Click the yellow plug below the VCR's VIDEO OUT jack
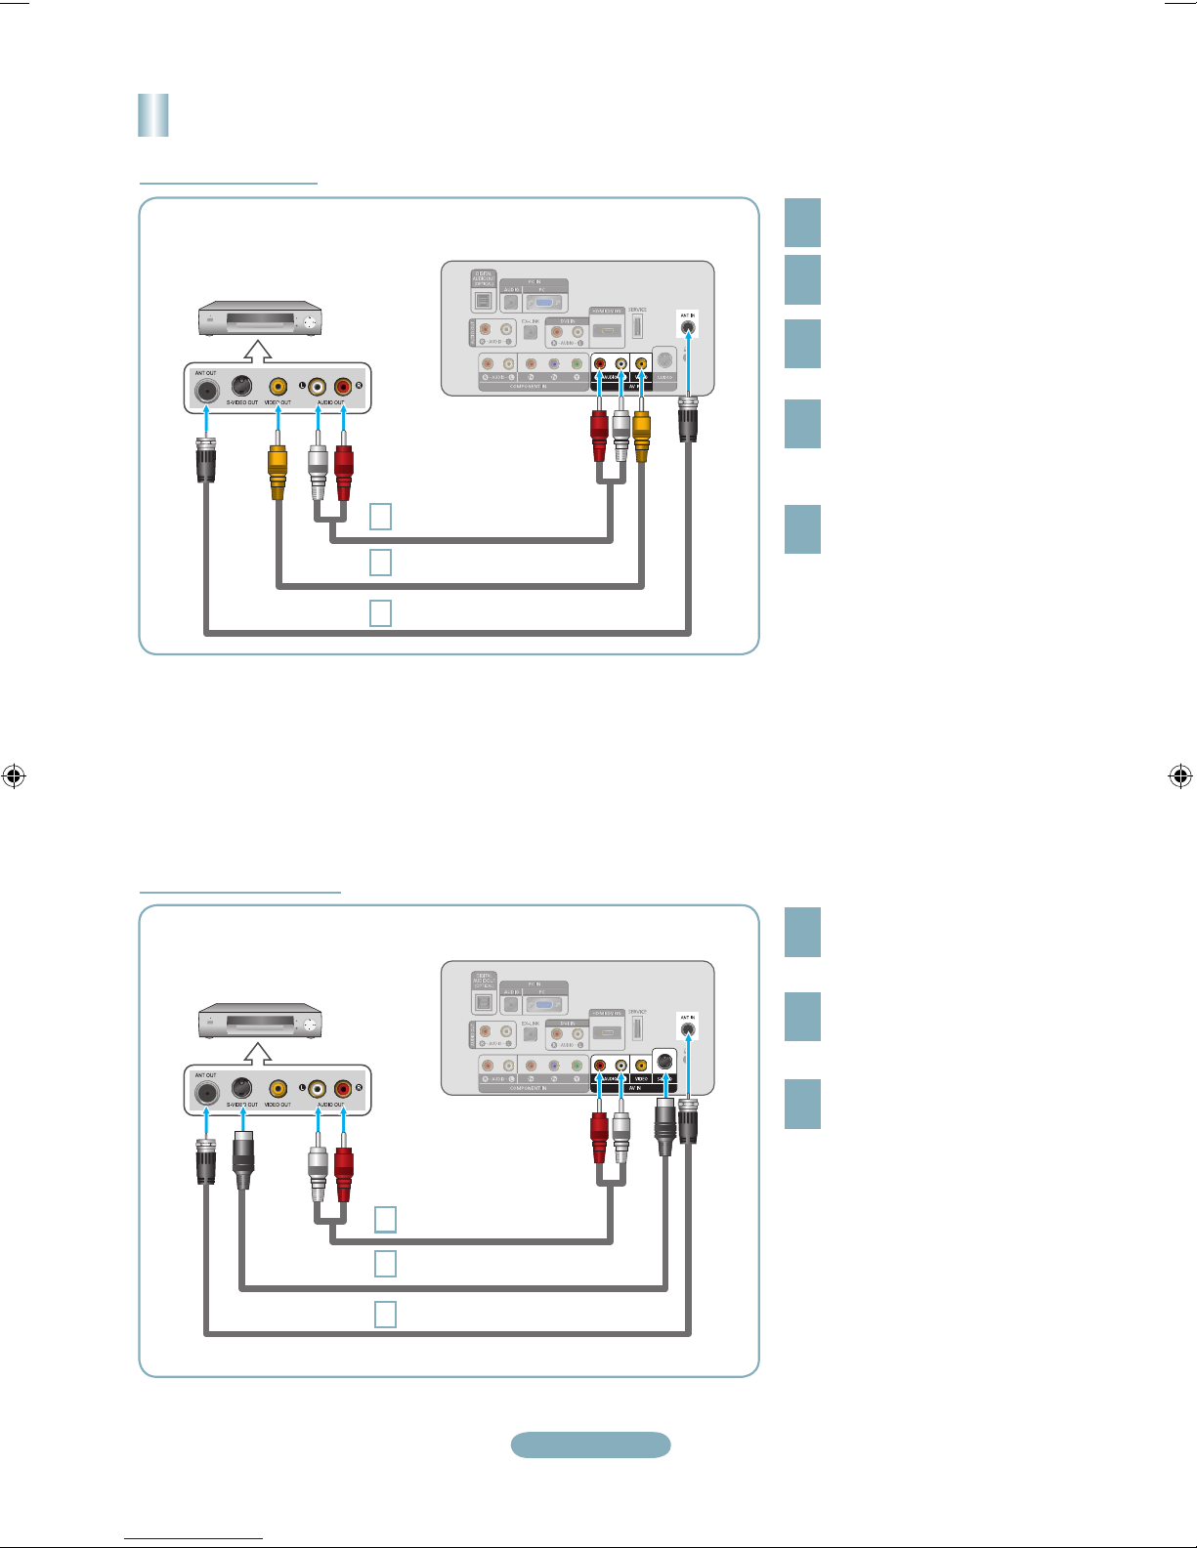tap(278, 470)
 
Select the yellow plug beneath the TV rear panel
tap(641, 435)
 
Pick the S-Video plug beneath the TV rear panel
tap(665, 1125)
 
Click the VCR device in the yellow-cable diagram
tap(260, 319)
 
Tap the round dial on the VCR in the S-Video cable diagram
tap(310, 1024)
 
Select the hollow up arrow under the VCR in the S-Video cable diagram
tap(258, 1053)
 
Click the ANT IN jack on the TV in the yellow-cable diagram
tap(688, 328)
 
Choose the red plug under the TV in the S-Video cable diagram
tap(599, 1137)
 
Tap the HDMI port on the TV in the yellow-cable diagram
tap(607, 331)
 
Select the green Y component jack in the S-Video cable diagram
tap(577, 1066)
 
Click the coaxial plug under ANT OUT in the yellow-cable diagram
tap(206, 459)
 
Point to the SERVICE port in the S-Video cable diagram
tap(637, 1026)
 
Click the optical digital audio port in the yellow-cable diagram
tap(484, 300)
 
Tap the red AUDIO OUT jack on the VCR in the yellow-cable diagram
tap(343, 388)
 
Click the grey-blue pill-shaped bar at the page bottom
tap(590, 1444)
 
